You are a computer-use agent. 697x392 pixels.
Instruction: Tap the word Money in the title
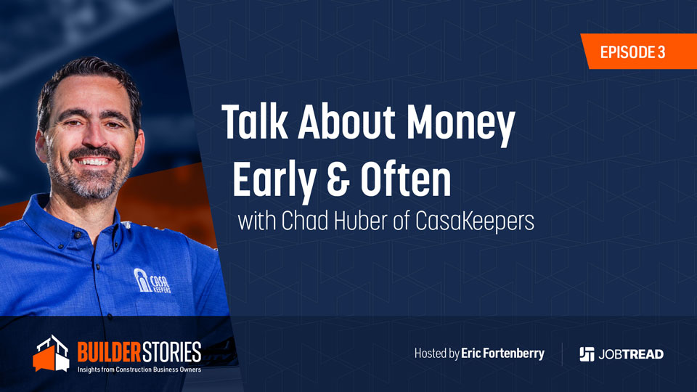tap(461, 123)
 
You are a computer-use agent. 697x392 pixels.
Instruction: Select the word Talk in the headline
tap(254, 121)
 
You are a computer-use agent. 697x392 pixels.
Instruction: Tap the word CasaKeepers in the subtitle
tap(475, 221)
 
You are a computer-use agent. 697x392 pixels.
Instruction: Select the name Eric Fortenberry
tap(502, 354)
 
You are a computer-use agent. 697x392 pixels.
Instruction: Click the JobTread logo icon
tap(587, 354)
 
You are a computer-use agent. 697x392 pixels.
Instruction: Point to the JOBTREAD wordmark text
tap(631, 354)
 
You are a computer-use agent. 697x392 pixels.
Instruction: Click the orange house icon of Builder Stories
tap(51, 354)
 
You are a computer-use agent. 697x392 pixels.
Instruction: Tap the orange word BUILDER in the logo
tap(109, 352)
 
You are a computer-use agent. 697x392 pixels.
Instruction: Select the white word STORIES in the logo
tap(171, 352)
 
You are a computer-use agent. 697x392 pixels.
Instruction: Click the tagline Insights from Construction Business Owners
tap(139, 369)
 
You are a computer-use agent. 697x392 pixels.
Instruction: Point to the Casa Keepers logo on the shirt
tap(152, 281)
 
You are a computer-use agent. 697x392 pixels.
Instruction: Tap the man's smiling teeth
tap(93, 161)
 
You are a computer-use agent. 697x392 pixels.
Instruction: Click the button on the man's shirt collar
tap(78, 235)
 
